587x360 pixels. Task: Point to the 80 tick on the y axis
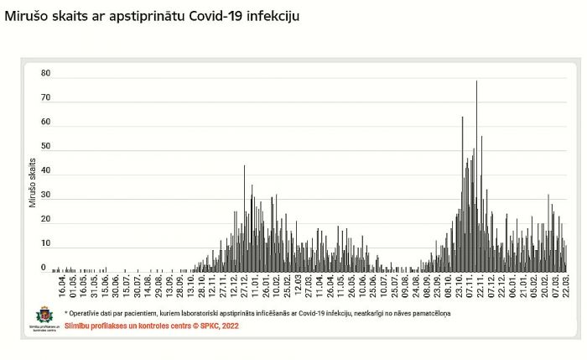45,74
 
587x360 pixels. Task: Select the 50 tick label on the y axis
45,147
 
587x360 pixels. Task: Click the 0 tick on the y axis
44,268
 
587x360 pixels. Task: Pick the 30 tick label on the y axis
45,196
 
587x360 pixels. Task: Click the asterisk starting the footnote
65,313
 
